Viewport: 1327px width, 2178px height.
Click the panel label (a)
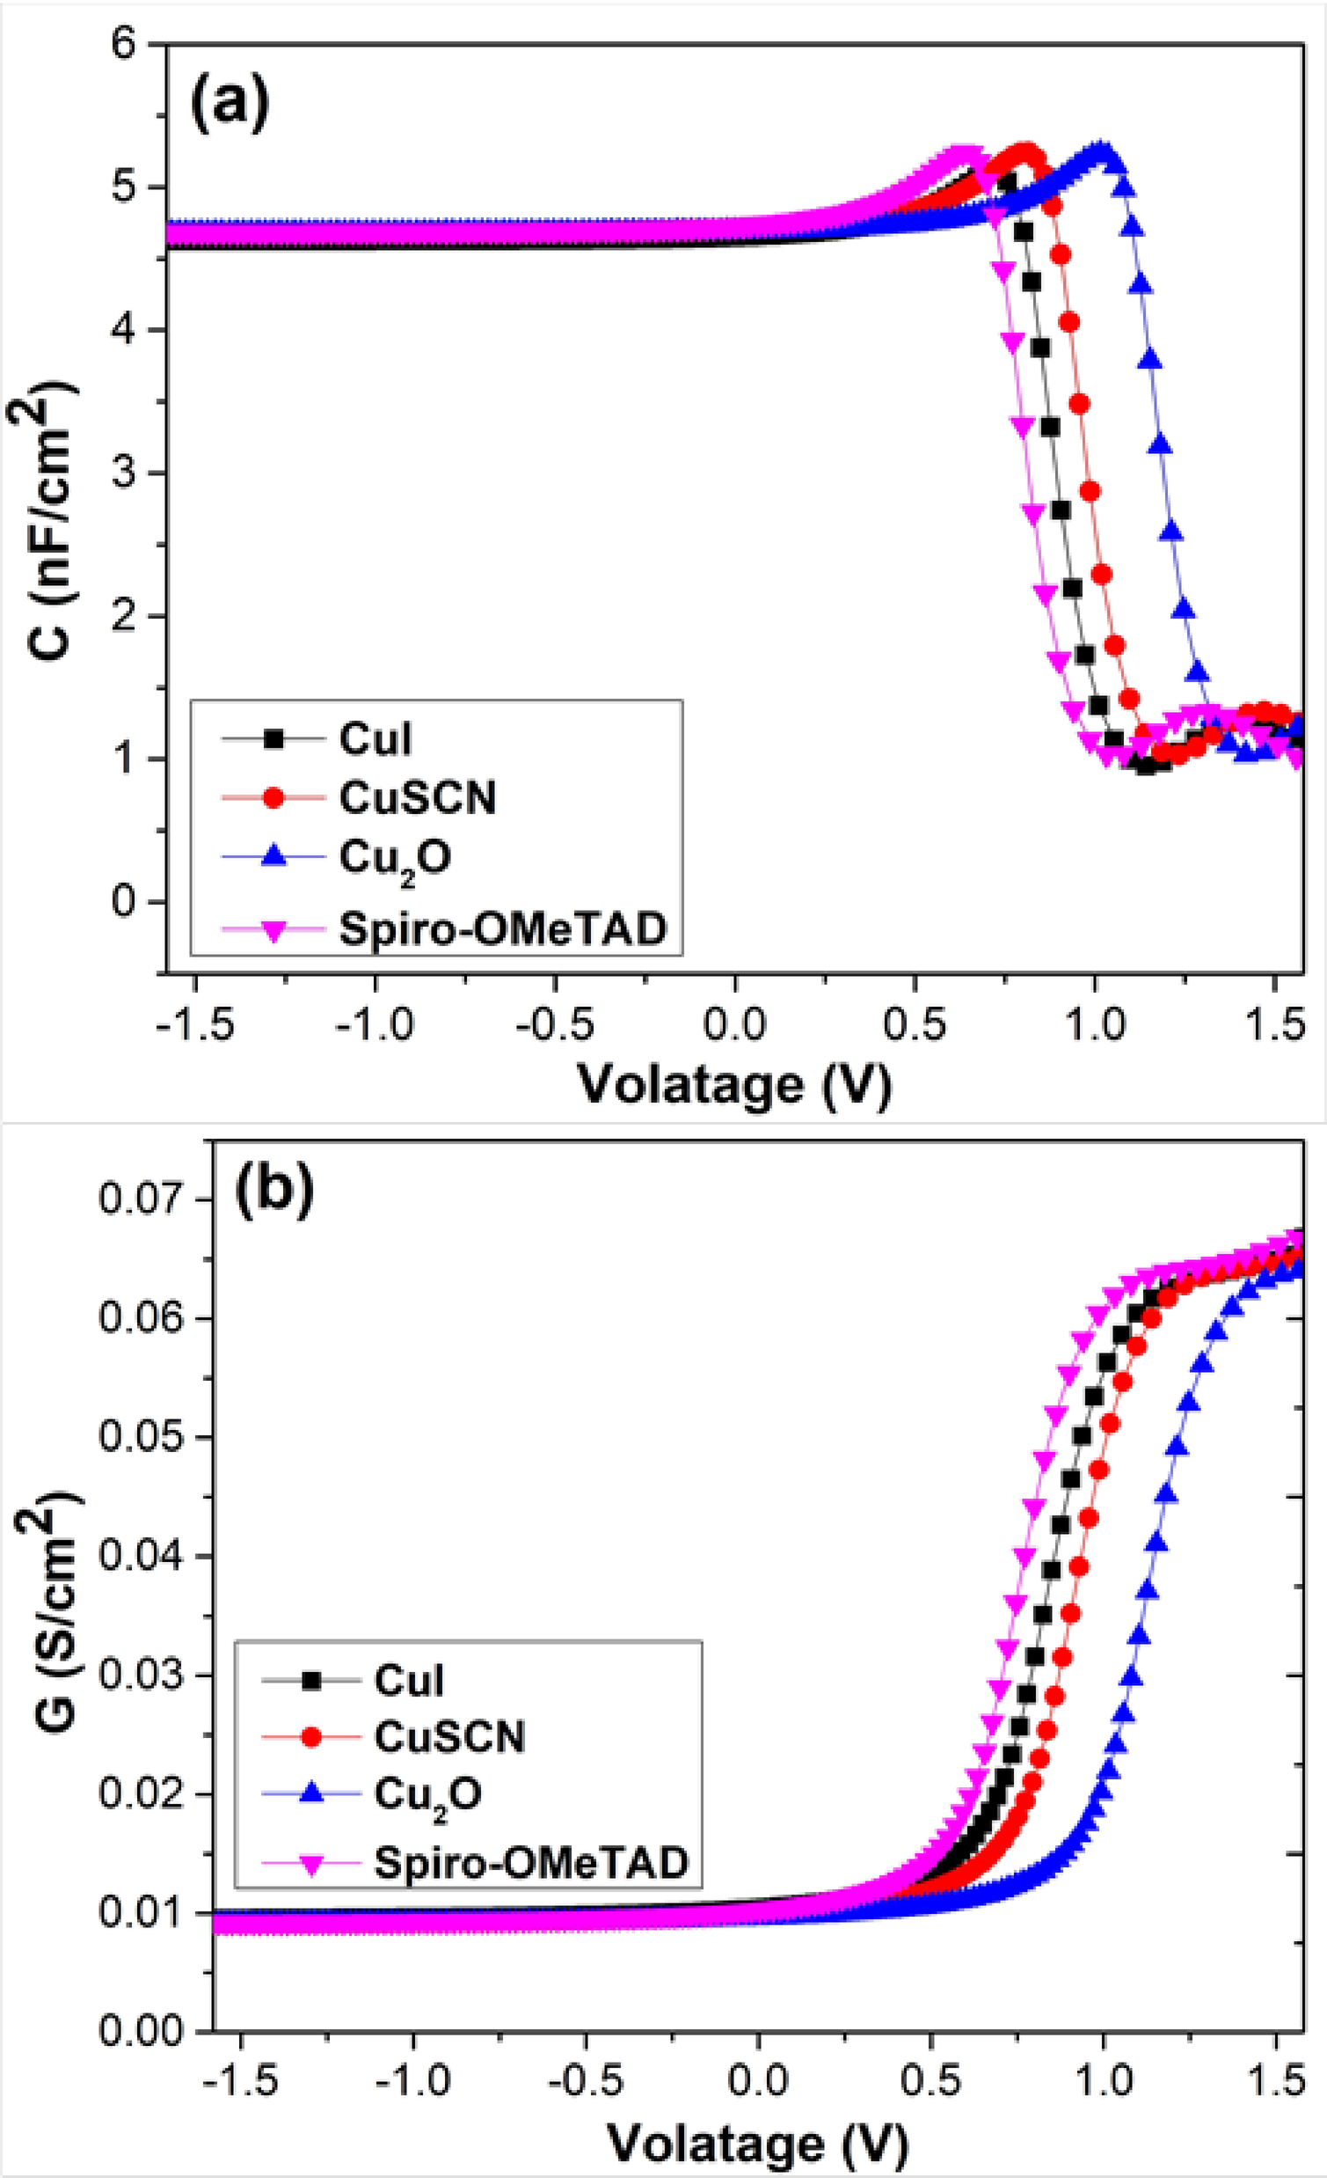tap(229, 105)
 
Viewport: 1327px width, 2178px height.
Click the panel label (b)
tap(273, 1190)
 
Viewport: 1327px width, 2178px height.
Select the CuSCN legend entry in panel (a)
tap(418, 798)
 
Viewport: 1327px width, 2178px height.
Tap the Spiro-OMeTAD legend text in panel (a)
tap(502, 929)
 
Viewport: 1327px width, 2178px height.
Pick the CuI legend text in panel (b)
tap(408, 1679)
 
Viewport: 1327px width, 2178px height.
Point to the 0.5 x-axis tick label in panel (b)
tap(930, 2080)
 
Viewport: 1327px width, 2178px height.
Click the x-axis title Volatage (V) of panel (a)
tap(735, 1083)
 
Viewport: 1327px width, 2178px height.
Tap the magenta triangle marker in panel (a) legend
tap(273, 931)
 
